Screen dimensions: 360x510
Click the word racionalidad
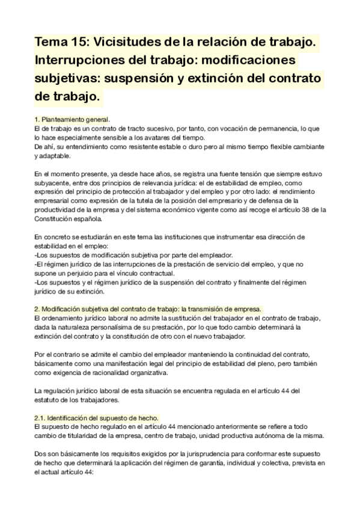pos(114,372)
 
